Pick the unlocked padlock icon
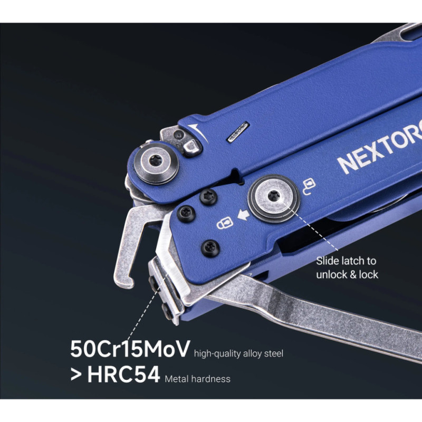point(309,184)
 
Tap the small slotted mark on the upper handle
point(237,137)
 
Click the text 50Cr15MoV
point(130,349)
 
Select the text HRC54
point(123,375)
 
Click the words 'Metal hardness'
point(197,379)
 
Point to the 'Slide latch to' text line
point(346,261)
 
